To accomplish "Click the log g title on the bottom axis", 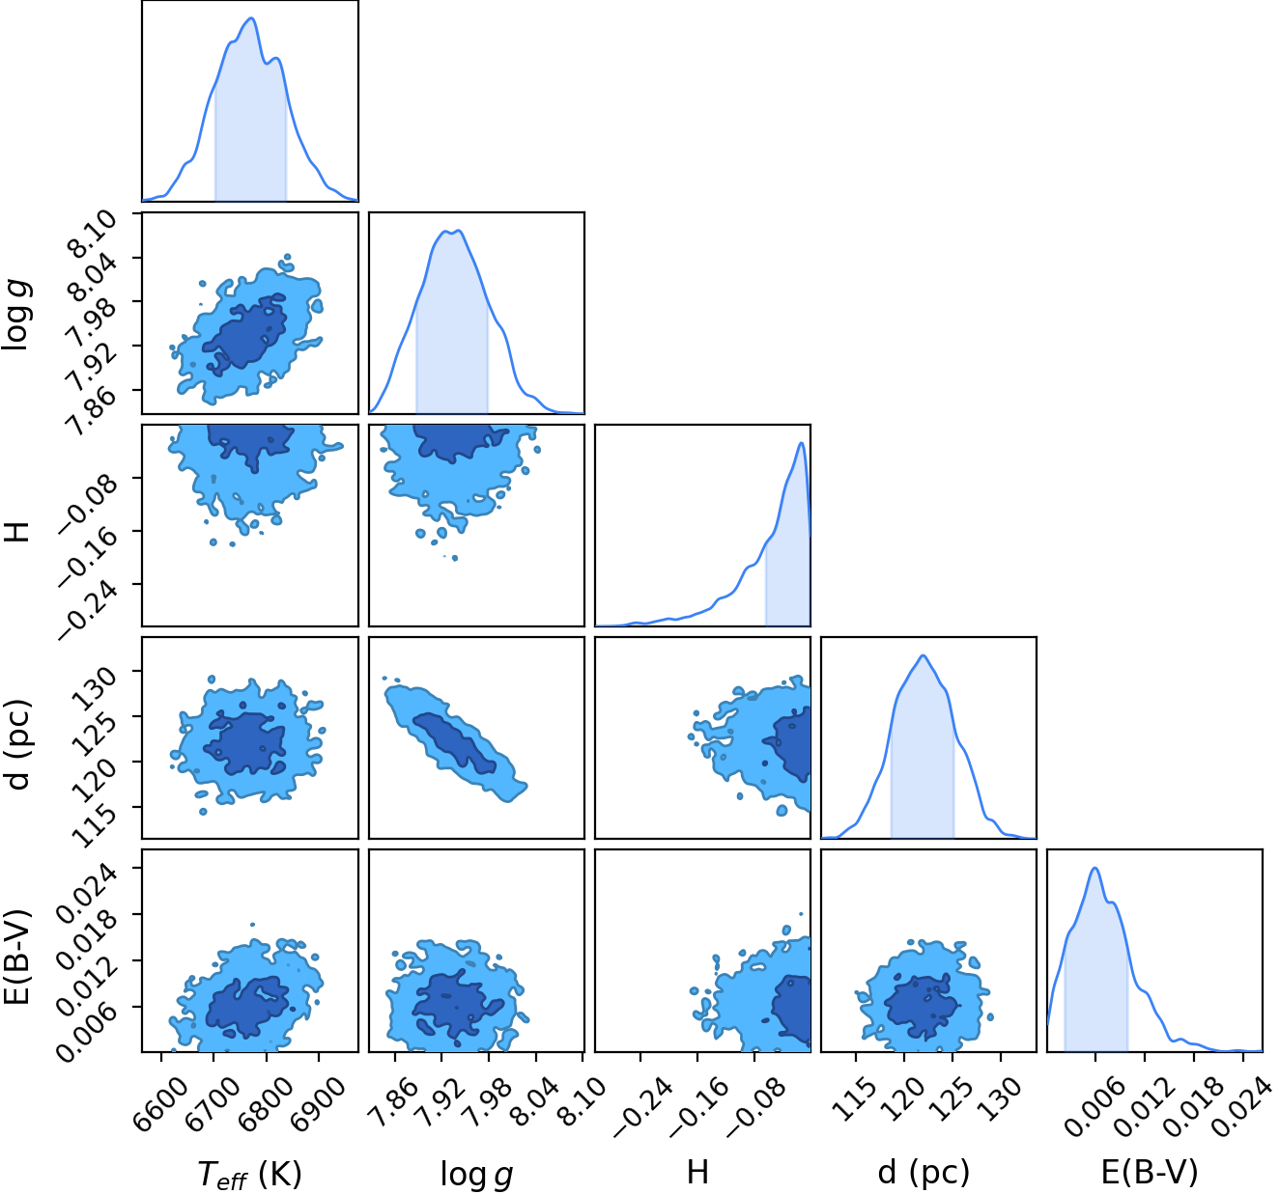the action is pos(476,1174).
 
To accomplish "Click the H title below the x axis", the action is pos(698,1172).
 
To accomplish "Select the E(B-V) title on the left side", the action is pos(17,958).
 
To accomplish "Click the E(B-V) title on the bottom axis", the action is pos(1151,1173).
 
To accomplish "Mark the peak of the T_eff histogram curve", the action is pos(252,18).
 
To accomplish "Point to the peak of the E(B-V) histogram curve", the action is pos(1094,869).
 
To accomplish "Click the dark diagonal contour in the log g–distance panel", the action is pos(455,743).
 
